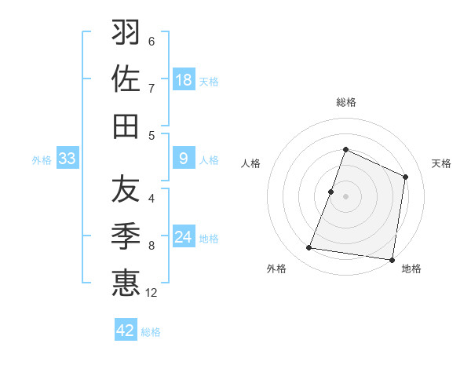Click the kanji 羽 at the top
[126, 32]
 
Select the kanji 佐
[126, 79]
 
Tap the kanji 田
[126, 126]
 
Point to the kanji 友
[126, 188]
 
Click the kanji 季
[126, 236]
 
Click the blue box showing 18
[184, 80]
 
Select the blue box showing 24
[184, 238]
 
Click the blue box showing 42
[126, 331]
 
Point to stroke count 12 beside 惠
[152, 293]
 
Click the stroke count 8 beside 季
[152, 246]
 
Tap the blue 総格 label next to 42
[151, 331]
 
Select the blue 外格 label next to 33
[42, 160]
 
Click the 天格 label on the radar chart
[441, 163]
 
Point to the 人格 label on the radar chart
[250, 163]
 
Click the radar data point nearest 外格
[309, 248]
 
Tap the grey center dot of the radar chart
[345, 196]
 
